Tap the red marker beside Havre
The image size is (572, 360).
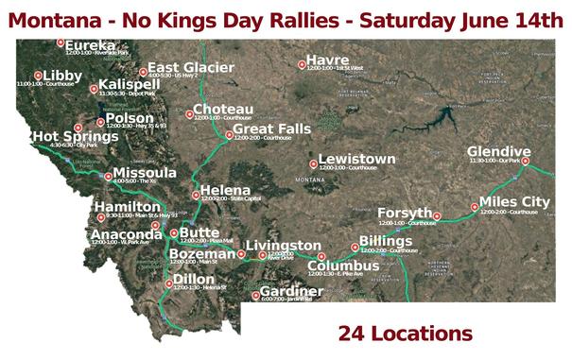pyautogui.click(x=303, y=64)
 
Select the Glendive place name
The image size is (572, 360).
pyautogui.click(x=500, y=152)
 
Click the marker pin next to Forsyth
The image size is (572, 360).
pyautogui.click(x=437, y=216)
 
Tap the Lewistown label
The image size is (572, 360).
pyautogui.click(x=356, y=159)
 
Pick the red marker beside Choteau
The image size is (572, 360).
pyautogui.click(x=186, y=111)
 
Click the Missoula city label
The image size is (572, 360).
pyautogui.click(x=144, y=173)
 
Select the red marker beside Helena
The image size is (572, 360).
pyautogui.click(x=196, y=196)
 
